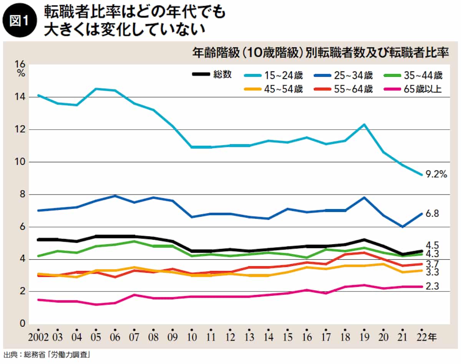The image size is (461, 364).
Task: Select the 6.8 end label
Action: [433, 214]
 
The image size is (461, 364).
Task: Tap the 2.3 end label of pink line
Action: [433, 286]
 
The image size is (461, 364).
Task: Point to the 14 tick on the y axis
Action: [20, 97]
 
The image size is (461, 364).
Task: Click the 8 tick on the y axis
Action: [22, 195]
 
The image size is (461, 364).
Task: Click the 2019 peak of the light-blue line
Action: [364, 124]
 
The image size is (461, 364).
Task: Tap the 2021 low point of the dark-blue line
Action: [402, 227]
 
